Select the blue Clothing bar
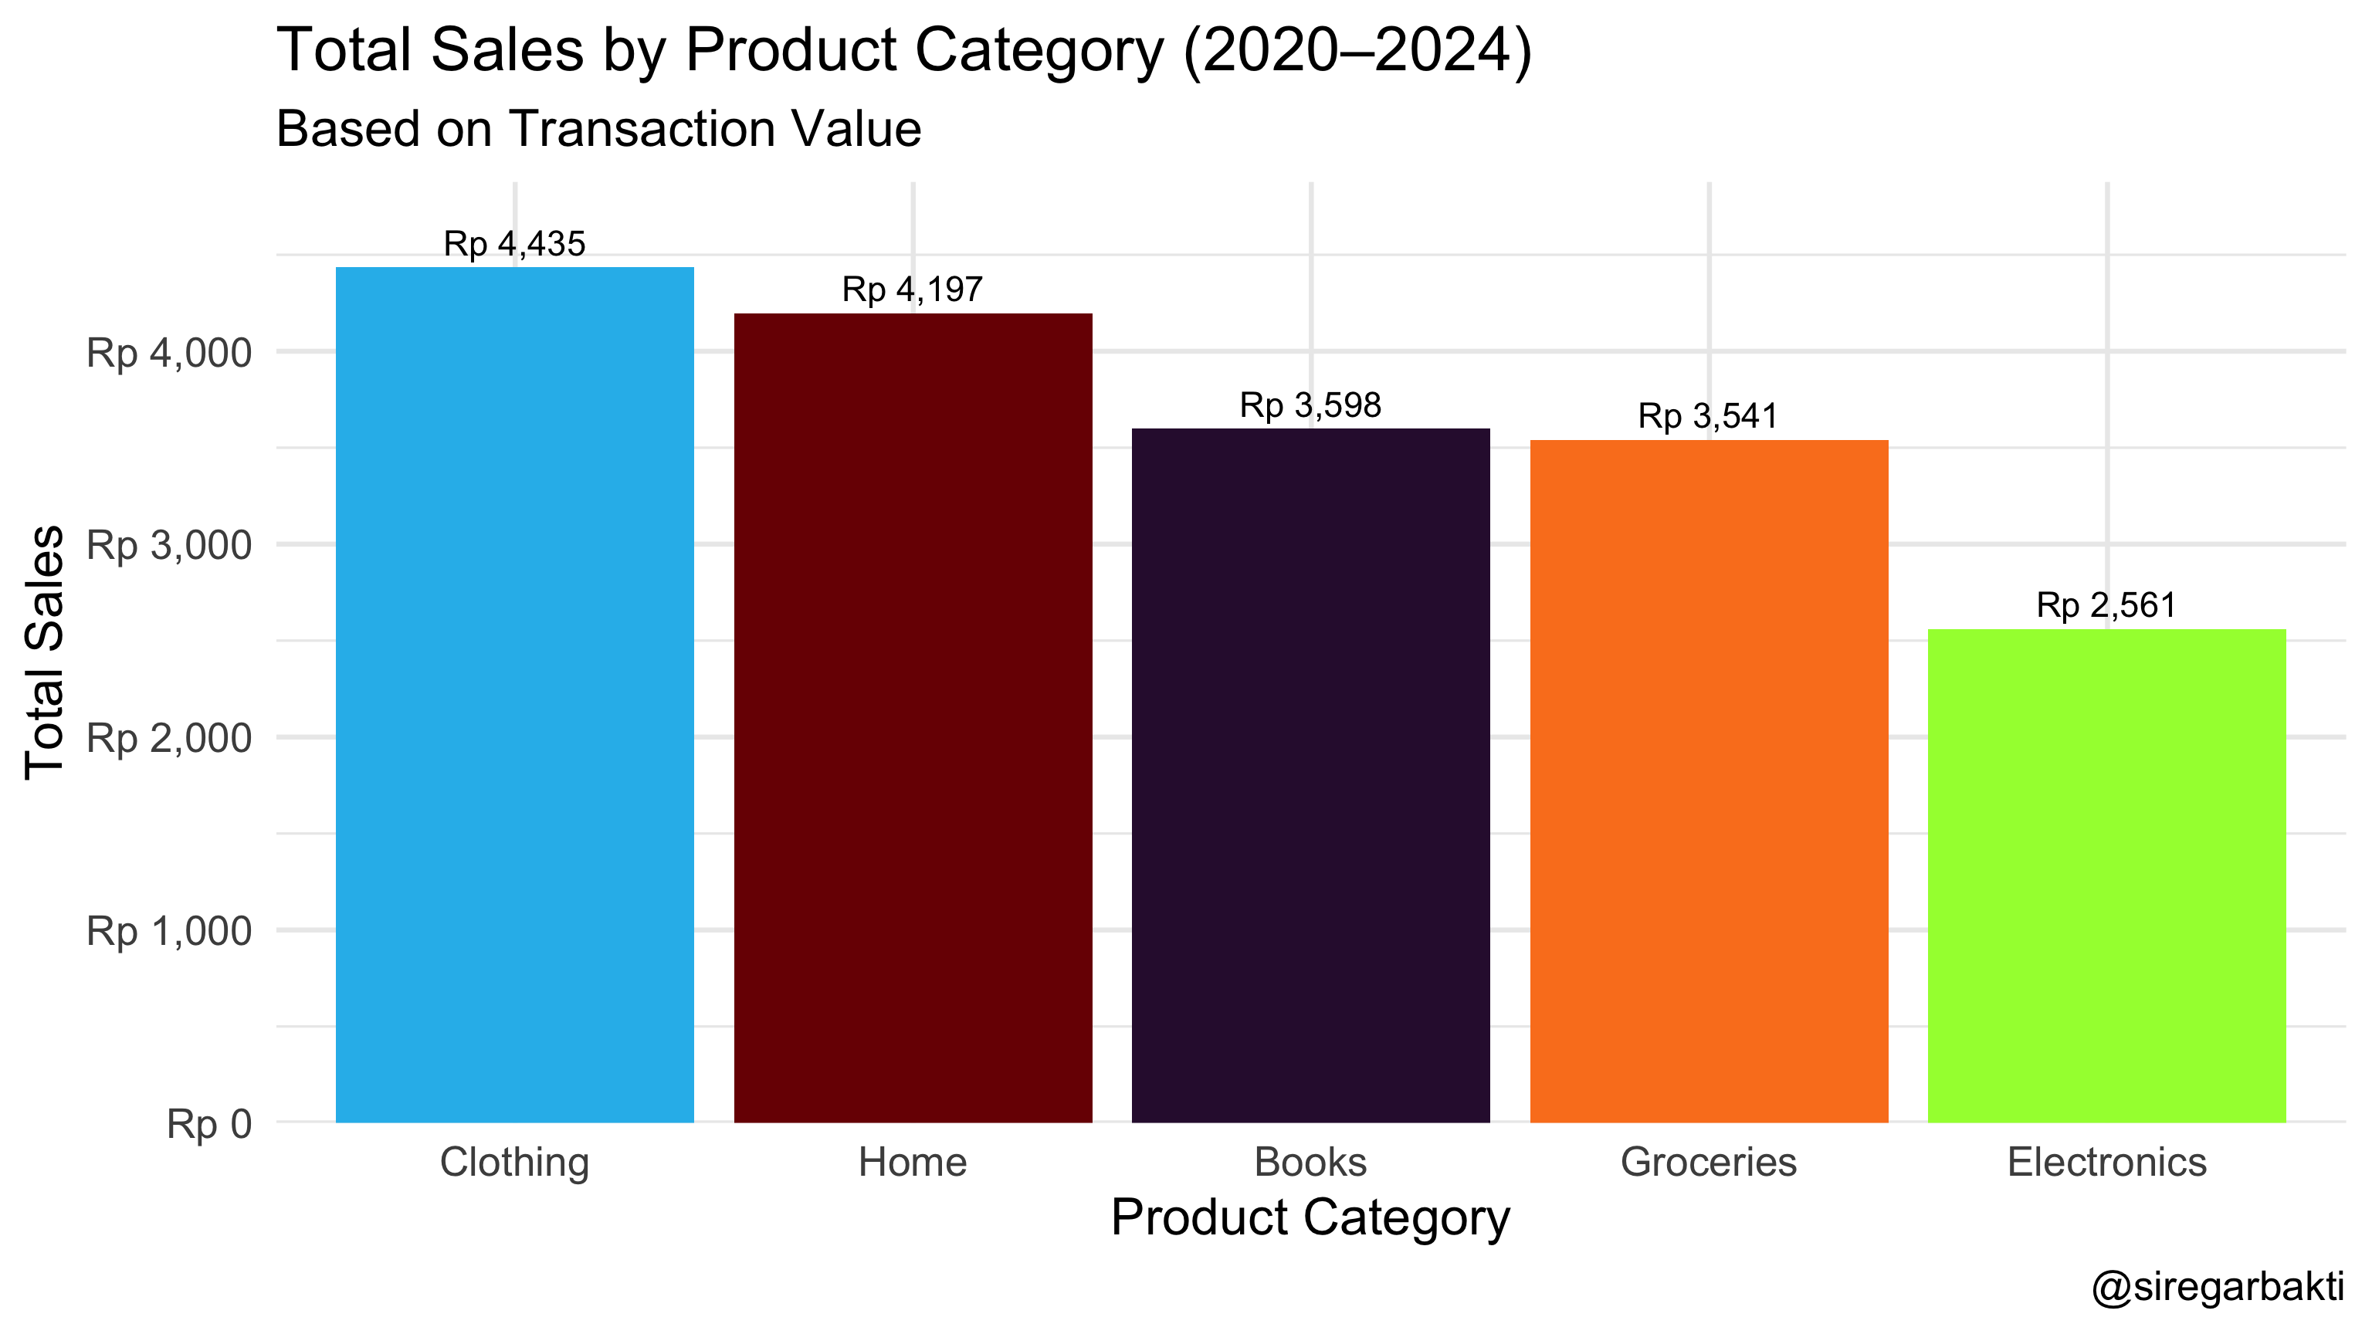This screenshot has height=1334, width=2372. [x=515, y=695]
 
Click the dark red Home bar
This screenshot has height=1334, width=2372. [x=913, y=718]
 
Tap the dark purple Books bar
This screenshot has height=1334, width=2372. [x=1310, y=775]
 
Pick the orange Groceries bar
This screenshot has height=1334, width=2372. [x=1709, y=781]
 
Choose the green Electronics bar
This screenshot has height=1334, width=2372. [x=2107, y=875]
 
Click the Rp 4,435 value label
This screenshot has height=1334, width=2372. [x=515, y=244]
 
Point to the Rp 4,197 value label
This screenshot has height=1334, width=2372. [x=913, y=290]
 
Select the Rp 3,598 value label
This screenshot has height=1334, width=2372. [x=1310, y=405]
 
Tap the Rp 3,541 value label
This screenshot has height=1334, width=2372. [x=1708, y=416]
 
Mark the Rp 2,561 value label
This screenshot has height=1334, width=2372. [x=2107, y=606]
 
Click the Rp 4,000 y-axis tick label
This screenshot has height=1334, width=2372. [x=168, y=353]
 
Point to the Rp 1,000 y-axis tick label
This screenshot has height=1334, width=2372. [x=168, y=931]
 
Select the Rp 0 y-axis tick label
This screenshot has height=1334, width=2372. [x=209, y=1124]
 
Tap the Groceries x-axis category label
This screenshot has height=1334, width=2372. [x=1708, y=1162]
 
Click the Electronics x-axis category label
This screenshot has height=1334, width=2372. [x=2107, y=1162]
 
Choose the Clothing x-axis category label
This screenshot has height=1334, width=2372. [x=515, y=1162]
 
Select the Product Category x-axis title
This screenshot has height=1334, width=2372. [x=1310, y=1217]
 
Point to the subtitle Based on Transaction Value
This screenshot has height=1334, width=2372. [x=598, y=129]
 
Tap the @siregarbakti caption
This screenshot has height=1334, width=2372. [x=2218, y=1286]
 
